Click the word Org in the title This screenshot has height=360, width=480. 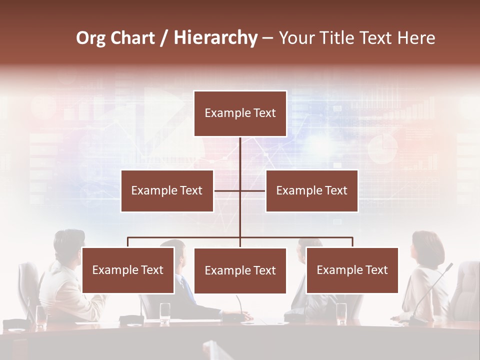(91, 38)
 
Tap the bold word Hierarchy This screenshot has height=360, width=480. (215, 38)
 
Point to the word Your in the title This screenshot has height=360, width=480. (295, 38)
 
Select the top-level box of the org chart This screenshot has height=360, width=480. (240, 113)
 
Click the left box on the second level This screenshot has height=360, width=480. (167, 191)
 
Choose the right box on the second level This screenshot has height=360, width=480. (311, 191)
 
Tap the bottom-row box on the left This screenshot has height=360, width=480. (128, 270)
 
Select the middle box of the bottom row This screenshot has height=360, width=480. (240, 271)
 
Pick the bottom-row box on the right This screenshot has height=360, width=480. (352, 270)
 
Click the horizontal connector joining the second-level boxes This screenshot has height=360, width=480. (227, 191)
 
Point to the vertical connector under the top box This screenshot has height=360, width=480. (240, 155)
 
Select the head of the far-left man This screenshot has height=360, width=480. (69, 243)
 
